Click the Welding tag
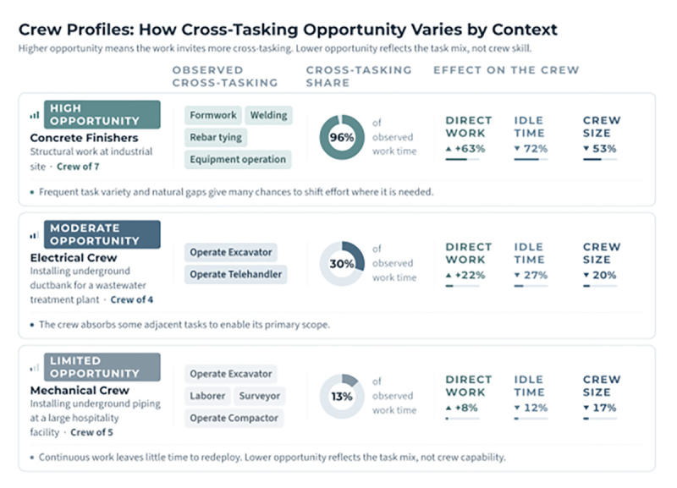(268, 115)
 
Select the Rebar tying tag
(216, 137)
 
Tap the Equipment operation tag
(238, 159)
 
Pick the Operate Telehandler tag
(236, 274)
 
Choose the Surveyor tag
(260, 396)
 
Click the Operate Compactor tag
(234, 418)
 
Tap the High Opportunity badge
(102, 114)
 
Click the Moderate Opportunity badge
(102, 234)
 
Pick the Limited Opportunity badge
(102, 367)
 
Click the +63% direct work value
(465, 149)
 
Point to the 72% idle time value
(531, 149)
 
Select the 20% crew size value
(600, 275)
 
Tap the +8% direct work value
(461, 408)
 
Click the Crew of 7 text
(78, 167)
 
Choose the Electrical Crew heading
(74, 258)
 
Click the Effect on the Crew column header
(506, 70)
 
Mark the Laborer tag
(207, 396)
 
